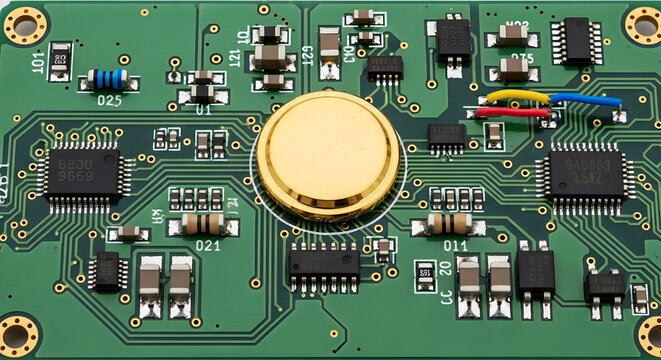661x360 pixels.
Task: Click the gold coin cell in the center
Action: click(328, 156)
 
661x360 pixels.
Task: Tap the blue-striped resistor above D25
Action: click(106, 78)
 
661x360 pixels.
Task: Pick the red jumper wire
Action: click(512, 113)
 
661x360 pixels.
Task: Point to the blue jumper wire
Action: click(584, 99)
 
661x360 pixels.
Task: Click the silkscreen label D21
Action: click(208, 245)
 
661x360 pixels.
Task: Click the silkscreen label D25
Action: click(109, 100)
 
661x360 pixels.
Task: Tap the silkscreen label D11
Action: click(455, 245)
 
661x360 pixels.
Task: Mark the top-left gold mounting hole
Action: click(25, 24)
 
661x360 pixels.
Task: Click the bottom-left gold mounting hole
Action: click(17, 335)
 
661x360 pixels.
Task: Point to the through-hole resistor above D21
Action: click(203, 223)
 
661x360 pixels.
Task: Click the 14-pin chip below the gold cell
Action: click(323, 263)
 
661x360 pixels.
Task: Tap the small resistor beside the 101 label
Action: click(61, 59)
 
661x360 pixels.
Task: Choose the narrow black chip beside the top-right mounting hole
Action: click(577, 41)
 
